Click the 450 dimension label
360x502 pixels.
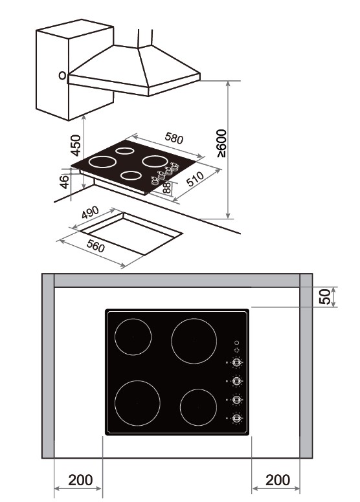click(x=76, y=146)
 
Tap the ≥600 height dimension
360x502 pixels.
click(x=221, y=144)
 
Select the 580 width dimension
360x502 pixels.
click(x=174, y=138)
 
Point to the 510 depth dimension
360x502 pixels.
click(x=195, y=179)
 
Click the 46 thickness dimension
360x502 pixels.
click(x=65, y=181)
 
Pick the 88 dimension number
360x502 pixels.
click(x=167, y=188)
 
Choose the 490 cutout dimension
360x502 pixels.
click(x=90, y=212)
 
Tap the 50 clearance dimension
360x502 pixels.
click(x=324, y=297)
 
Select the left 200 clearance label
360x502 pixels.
click(x=80, y=480)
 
